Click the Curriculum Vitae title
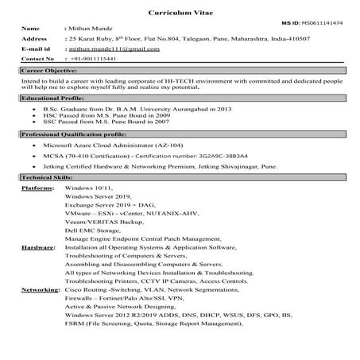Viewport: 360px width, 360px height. (x=180, y=14)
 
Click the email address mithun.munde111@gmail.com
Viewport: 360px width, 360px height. (x=111, y=48)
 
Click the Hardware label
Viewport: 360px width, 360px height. (x=37, y=248)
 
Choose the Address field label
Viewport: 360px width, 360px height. (x=36, y=37)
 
